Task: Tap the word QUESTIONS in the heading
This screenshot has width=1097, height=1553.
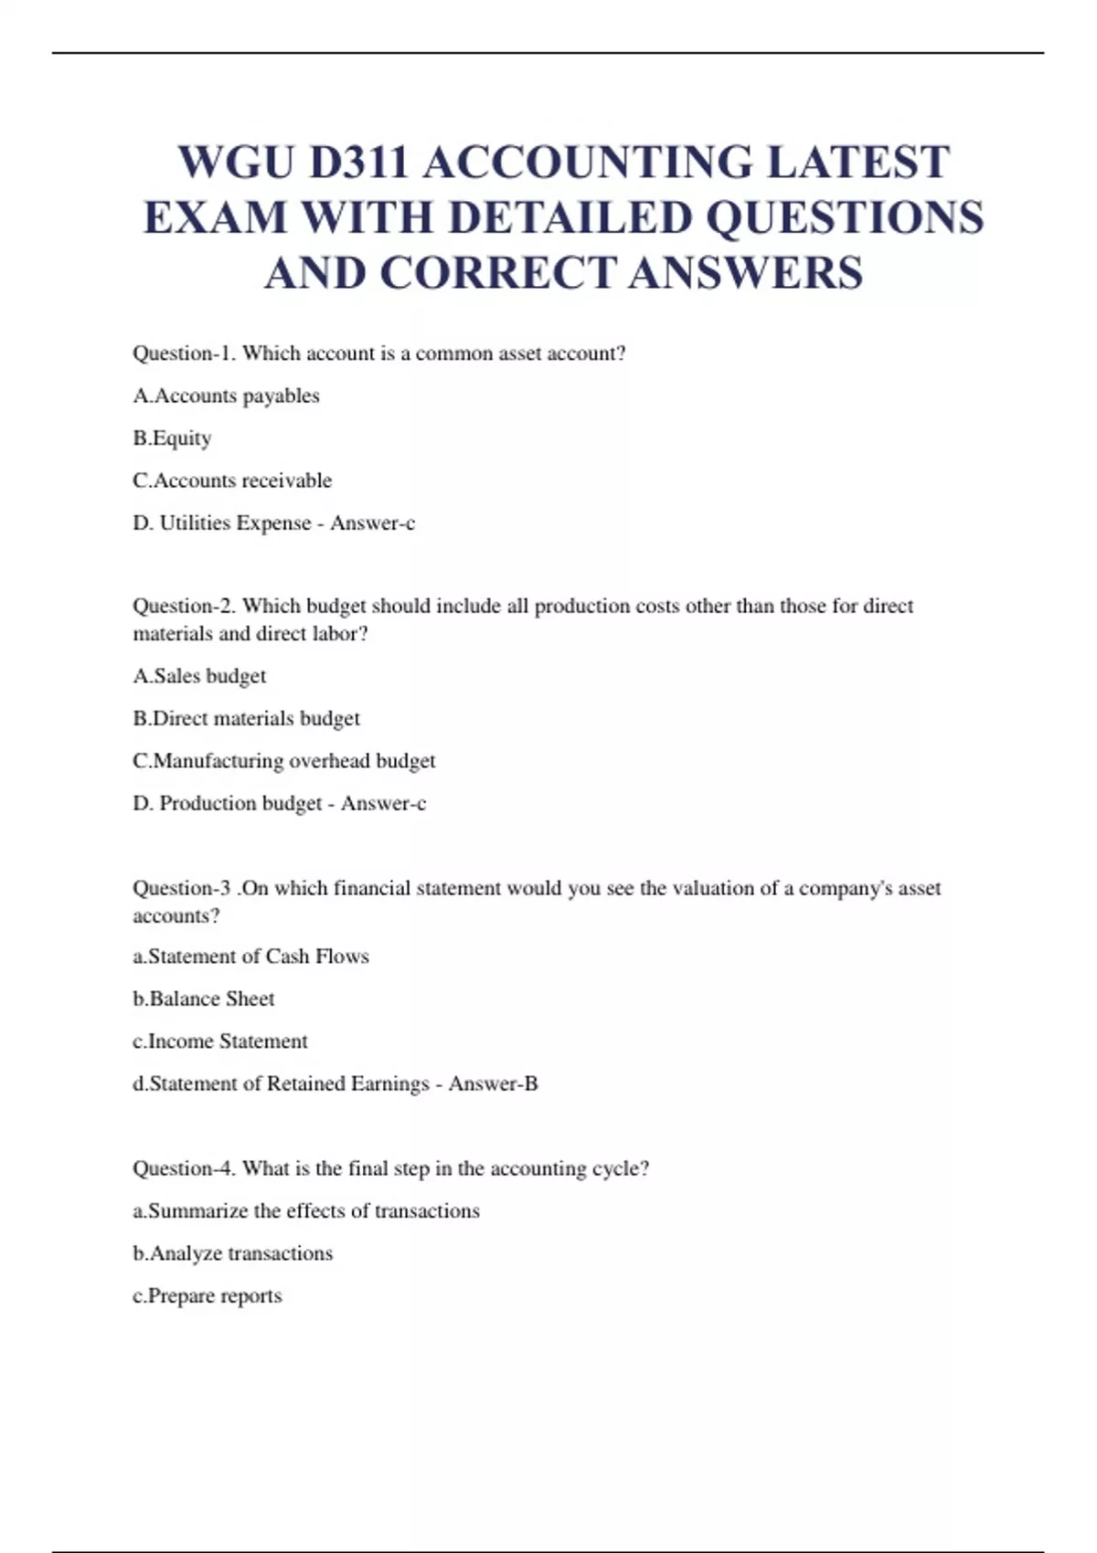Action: tap(845, 218)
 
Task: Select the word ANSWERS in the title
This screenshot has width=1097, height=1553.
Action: tap(746, 273)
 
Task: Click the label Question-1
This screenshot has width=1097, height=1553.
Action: tap(184, 354)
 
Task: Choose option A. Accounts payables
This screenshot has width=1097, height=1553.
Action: tap(226, 396)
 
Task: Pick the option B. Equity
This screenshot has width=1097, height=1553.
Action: tap(172, 438)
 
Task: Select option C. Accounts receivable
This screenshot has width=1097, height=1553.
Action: tap(232, 481)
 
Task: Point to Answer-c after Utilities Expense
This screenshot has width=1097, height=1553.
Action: tap(372, 523)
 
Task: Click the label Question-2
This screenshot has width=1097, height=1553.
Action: tap(185, 606)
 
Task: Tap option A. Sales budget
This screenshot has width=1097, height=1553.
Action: tap(199, 676)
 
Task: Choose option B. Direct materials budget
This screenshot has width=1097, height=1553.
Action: tap(246, 719)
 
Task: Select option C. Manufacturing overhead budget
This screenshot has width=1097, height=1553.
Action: tap(283, 761)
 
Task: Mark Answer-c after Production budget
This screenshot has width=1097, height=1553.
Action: tap(383, 804)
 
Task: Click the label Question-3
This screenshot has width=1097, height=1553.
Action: tap(181, 888)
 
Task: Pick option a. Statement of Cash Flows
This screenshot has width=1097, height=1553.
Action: tap(250, 956)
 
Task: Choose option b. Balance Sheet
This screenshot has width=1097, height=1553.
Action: tap(203, 999)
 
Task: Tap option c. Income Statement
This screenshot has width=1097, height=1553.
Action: tap(219, 1041)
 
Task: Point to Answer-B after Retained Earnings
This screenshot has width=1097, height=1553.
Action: tap(493, 1084)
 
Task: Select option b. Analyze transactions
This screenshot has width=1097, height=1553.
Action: tap(232, 1253)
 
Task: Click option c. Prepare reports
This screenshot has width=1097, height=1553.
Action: tap(207, 1296)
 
